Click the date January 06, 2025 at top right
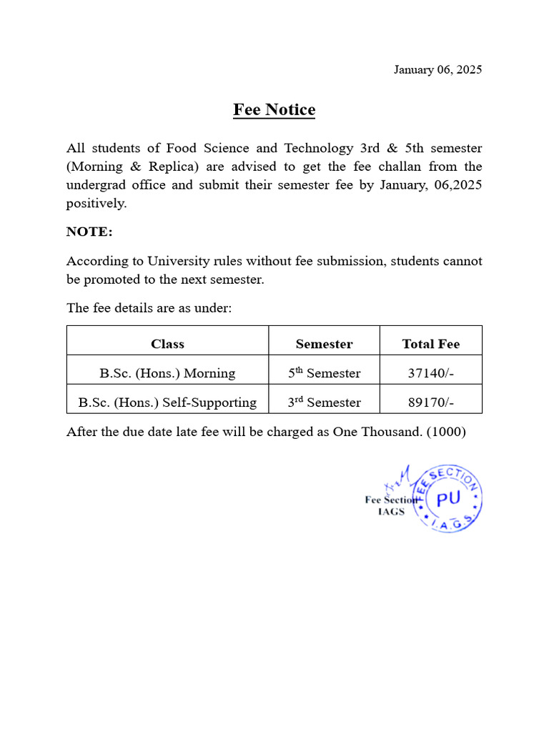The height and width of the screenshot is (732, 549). pos(437,69)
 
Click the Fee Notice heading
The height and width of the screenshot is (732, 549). pos(274,109)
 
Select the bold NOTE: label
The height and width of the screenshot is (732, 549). pos(89,232)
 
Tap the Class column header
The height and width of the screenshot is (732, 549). pos(167,344)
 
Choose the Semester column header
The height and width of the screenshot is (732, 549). pos(324,344)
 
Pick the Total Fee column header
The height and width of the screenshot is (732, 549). pos(430,344)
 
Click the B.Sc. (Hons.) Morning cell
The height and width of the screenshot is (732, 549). pos(167,373)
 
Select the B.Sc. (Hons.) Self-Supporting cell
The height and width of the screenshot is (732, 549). pos(167,402)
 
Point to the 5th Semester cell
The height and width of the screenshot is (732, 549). pos(324,373)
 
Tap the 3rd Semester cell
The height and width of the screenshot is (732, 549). pos(324,402)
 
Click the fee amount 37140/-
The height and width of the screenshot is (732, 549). pos(430,373)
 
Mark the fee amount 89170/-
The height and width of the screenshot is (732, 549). pos(430,402)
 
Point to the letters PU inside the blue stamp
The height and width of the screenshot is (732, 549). pos(448,500)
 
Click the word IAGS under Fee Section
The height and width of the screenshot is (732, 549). pos(391,511)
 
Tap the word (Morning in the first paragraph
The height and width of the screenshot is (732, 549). pos(95,167)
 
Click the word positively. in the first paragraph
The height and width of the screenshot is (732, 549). pos(97,203)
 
